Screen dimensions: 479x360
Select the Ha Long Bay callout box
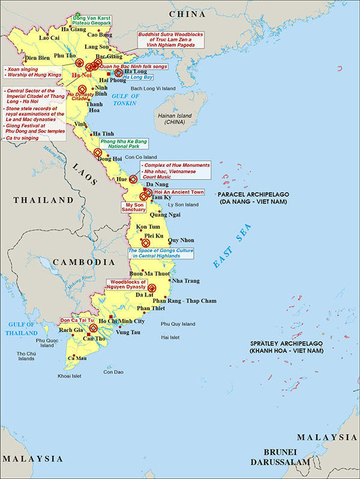138,77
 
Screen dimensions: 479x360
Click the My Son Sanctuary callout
133,207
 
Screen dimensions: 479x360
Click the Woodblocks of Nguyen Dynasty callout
127,285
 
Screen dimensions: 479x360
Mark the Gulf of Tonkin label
125,100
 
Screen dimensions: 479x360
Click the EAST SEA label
230,250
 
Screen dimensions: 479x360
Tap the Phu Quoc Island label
46,343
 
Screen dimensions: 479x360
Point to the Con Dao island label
113,372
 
